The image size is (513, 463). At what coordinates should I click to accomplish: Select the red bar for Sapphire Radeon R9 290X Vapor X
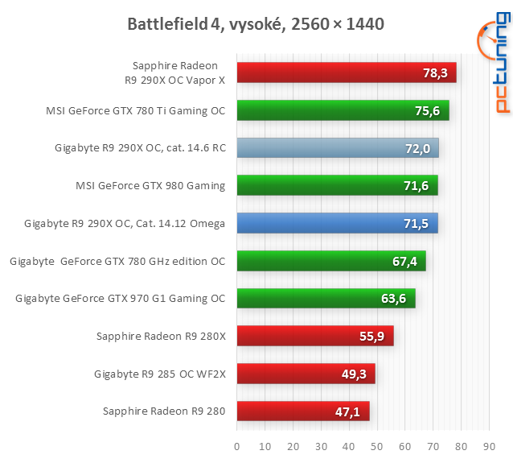(x=346, y=72)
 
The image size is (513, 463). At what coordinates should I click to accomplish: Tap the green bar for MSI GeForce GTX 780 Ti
(x=343, y=110)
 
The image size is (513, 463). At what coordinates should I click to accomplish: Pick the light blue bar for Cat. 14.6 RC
(x=338, y=148)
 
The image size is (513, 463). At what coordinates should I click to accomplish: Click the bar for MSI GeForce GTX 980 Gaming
(x=337, y=186)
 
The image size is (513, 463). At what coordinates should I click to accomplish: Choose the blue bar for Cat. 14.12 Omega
(x=337, y=224)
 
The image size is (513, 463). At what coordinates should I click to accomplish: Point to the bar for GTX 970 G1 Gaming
(x=326, y=300)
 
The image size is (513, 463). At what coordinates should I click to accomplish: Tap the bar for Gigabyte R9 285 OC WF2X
(x=306, y=374)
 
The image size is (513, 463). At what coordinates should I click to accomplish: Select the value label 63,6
(x=394, y=300)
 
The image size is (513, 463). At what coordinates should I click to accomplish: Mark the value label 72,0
(x=417, y=149)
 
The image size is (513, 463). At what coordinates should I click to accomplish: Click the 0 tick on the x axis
(x=237, y=445)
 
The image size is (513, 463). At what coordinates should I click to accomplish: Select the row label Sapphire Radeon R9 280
(x=164, y=412)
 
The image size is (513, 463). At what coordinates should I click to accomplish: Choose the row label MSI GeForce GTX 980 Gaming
(x=150, y=186)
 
